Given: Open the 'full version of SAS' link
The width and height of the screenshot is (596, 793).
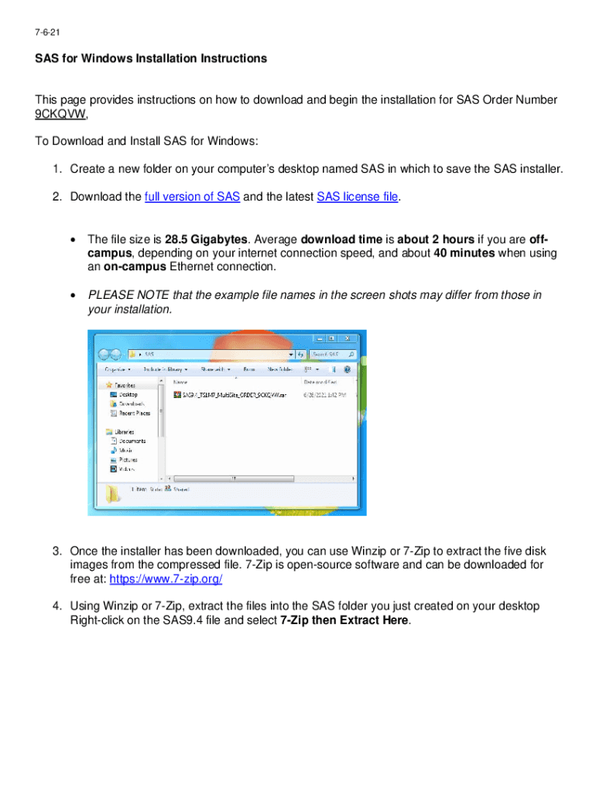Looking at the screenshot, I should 192,197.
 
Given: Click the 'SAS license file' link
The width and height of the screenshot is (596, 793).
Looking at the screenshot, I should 358,197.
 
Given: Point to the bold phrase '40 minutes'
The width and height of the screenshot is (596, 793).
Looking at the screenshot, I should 464,252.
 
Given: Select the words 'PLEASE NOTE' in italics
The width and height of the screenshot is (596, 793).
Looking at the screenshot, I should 123,295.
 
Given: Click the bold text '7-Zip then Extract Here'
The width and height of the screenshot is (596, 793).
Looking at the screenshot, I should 344,620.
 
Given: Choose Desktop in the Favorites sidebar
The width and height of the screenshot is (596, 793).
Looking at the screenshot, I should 128,394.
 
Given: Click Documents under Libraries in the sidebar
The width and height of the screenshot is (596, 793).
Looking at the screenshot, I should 132,441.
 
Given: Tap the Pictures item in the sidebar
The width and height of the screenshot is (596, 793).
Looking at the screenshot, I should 128,459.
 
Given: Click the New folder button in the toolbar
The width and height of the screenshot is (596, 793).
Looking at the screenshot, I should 279,369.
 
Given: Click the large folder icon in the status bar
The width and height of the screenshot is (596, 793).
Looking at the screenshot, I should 114,493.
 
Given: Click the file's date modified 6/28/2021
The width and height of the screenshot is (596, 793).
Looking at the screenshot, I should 325,394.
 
